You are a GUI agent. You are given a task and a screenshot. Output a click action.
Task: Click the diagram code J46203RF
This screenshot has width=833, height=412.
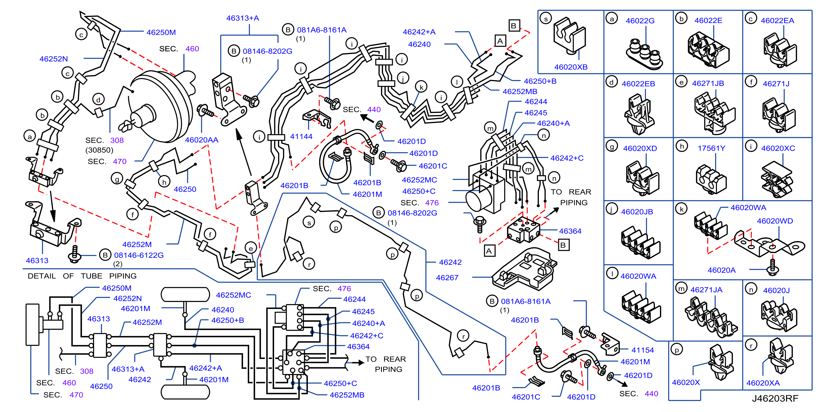(775, 398)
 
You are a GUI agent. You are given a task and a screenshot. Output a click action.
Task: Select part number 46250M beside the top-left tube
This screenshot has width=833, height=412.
(161, 32)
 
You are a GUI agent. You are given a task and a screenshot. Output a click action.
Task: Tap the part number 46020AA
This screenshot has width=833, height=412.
(201, 140)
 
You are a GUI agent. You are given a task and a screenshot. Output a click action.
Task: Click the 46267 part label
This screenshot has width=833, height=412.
(447, 277)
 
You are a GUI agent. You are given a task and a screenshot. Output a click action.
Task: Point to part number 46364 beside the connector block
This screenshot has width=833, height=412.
(570, 231)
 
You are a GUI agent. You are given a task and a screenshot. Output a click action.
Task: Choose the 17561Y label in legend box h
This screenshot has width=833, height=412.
(711, 148)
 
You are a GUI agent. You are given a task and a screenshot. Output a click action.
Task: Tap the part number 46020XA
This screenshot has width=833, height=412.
(763, 383)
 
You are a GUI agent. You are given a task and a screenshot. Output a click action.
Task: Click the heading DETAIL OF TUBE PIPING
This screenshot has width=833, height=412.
(82, 276)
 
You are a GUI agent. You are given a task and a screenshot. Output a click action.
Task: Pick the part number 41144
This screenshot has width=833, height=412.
(301, 136)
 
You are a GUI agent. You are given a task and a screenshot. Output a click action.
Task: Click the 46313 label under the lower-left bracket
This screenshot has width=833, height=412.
(37, 260)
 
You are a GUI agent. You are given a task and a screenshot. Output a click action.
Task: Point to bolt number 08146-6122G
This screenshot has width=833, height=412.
(139, 255)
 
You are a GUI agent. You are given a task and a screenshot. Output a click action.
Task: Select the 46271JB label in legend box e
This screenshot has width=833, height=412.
(708, 83)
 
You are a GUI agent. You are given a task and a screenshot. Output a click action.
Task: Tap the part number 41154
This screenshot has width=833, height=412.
(643, 350)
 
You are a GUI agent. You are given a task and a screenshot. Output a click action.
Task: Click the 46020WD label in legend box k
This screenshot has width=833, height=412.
(775, 221)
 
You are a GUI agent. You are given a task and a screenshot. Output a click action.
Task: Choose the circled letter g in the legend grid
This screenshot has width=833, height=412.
(612, 146)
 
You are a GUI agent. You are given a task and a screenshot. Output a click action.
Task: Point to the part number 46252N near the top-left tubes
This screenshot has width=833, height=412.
(54, 59)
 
